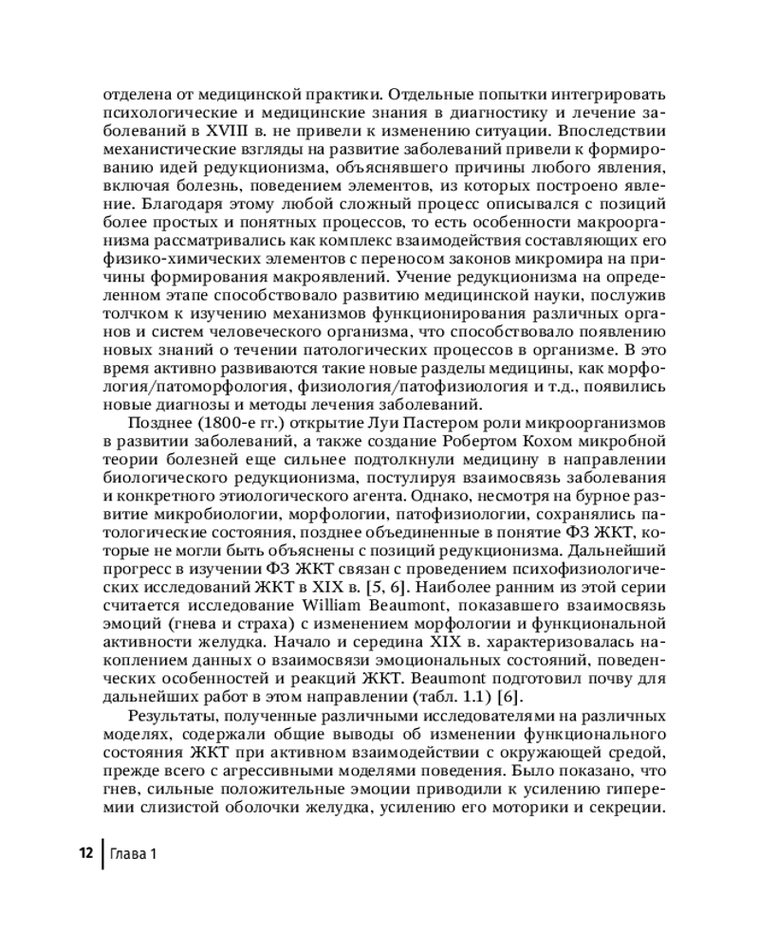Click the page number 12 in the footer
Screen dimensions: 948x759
(x=84, y=854)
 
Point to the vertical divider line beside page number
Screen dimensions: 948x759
(x=102, y=854)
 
